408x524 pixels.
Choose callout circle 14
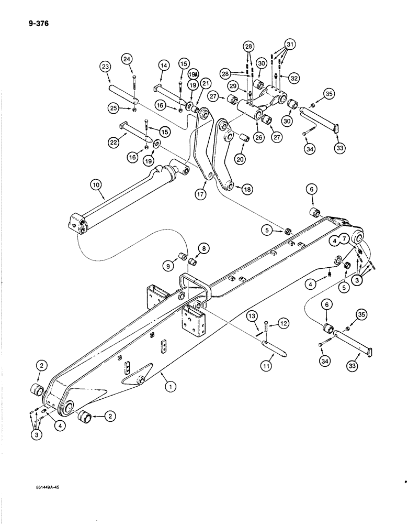[x=164, y=65]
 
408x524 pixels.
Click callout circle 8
[x=203, y=248]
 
